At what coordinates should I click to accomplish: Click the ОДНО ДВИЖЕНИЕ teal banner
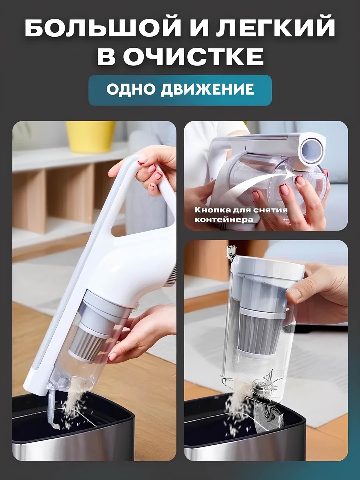coord(180,90)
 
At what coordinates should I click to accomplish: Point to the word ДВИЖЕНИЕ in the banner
coord(207,90)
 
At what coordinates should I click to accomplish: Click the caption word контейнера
coord(224,219)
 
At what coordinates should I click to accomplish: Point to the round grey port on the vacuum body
coord(310,148)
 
